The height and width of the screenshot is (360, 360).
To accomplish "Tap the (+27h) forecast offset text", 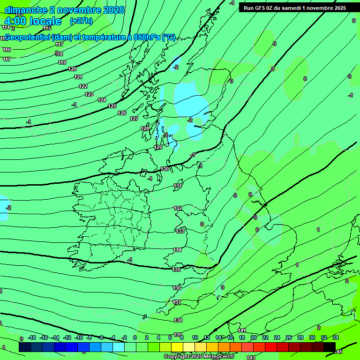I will pyautogui.click(x=81, y=21).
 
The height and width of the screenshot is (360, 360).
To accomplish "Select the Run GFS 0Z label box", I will pyautogui.click(x=295, y=8).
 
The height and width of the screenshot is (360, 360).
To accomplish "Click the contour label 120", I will pyautogui.click(x=72, y=69).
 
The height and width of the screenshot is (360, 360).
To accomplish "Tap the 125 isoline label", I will pyautogui.click(x=112, y=106).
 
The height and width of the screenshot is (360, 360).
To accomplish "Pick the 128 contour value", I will pyautogui.click(x=145, y=128).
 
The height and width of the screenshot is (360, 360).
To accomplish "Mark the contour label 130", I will pyautogui.click(x=165, y=169).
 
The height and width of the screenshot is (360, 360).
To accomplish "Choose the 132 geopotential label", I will pyautogui.click(x=178, y=208).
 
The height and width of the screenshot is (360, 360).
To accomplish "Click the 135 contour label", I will pyautogui.click(x=176, y=270).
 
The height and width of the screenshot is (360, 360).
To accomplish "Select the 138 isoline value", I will pyautogui.click(x=178, y=320).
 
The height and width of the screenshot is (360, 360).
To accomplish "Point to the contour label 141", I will pyautogui.click(x=242, y=330).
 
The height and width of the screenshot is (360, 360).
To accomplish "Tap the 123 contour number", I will pyautogui.click(x=89, y=94).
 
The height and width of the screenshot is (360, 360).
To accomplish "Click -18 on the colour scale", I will pyautogui.click(x=32, y=337).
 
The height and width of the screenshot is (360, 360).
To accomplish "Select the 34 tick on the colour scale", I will pyautogui.click(x=336, y=337).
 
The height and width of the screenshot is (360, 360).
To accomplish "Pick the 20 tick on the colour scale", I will pyautogui.click(x=254, y=337).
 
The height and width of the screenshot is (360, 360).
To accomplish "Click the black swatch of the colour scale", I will pyautogui.click(x=330, y=347).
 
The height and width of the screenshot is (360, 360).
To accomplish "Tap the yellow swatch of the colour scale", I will pyautogui.click(x=177, y=347).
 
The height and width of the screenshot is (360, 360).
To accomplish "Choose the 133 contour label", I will pyautogui.click(x=180, y=231).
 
